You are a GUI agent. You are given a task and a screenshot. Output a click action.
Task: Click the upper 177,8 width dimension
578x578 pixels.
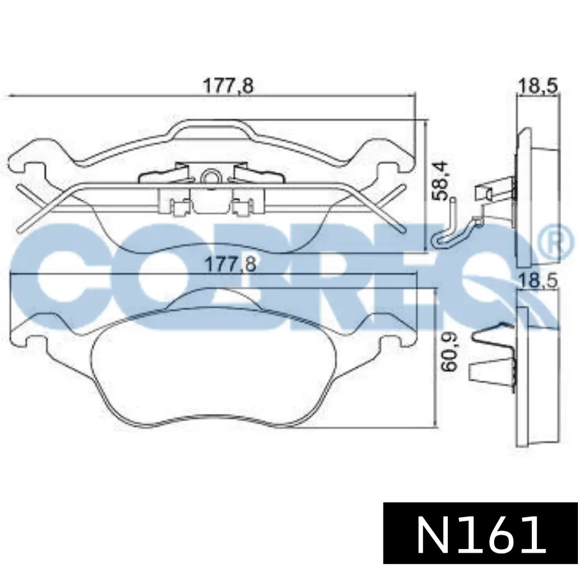(x=228, y=86)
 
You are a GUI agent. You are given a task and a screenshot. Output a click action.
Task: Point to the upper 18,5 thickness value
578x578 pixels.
(x=538, y=86)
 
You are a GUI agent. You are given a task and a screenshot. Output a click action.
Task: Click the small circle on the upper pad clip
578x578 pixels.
(x=210, y=177)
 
